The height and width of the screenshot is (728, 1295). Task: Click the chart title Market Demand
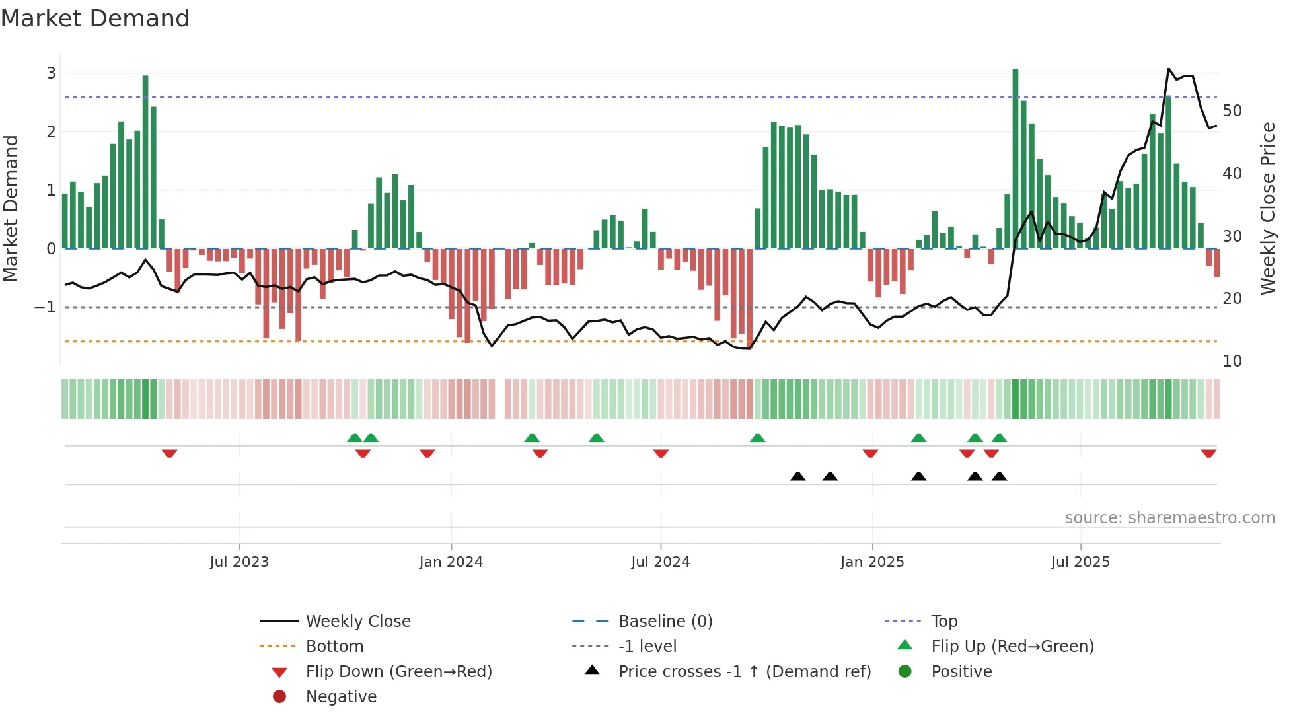[x=95, y=18]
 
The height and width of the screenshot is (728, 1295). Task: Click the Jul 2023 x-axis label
[x=239, y=562]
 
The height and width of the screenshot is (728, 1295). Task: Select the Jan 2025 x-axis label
[x=872, y=562]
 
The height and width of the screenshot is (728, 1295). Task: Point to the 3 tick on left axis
[x=51, y=73]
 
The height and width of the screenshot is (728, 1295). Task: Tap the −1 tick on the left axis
[x=45, y=307]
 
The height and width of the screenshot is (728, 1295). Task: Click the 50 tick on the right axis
[x=1232, y=111]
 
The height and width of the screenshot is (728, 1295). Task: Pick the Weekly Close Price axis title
[x=1267, y=208]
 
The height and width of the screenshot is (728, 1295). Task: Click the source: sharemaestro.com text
[x=1169, y=518]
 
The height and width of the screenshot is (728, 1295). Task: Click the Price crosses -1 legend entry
[x=744, y=672]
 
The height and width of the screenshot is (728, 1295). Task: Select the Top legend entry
[x=944, y=622]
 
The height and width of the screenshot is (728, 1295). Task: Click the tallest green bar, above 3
[x=1016, y=71]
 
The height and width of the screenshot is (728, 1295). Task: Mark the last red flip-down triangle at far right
[x=1208, y=454]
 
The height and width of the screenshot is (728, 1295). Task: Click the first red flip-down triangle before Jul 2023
[x=169, y=454]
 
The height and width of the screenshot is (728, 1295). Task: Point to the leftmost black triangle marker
[x=797, y=476]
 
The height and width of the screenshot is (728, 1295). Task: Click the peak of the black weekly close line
[x=1169, y=69]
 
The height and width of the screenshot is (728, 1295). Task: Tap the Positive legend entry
[x=961, y=672]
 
